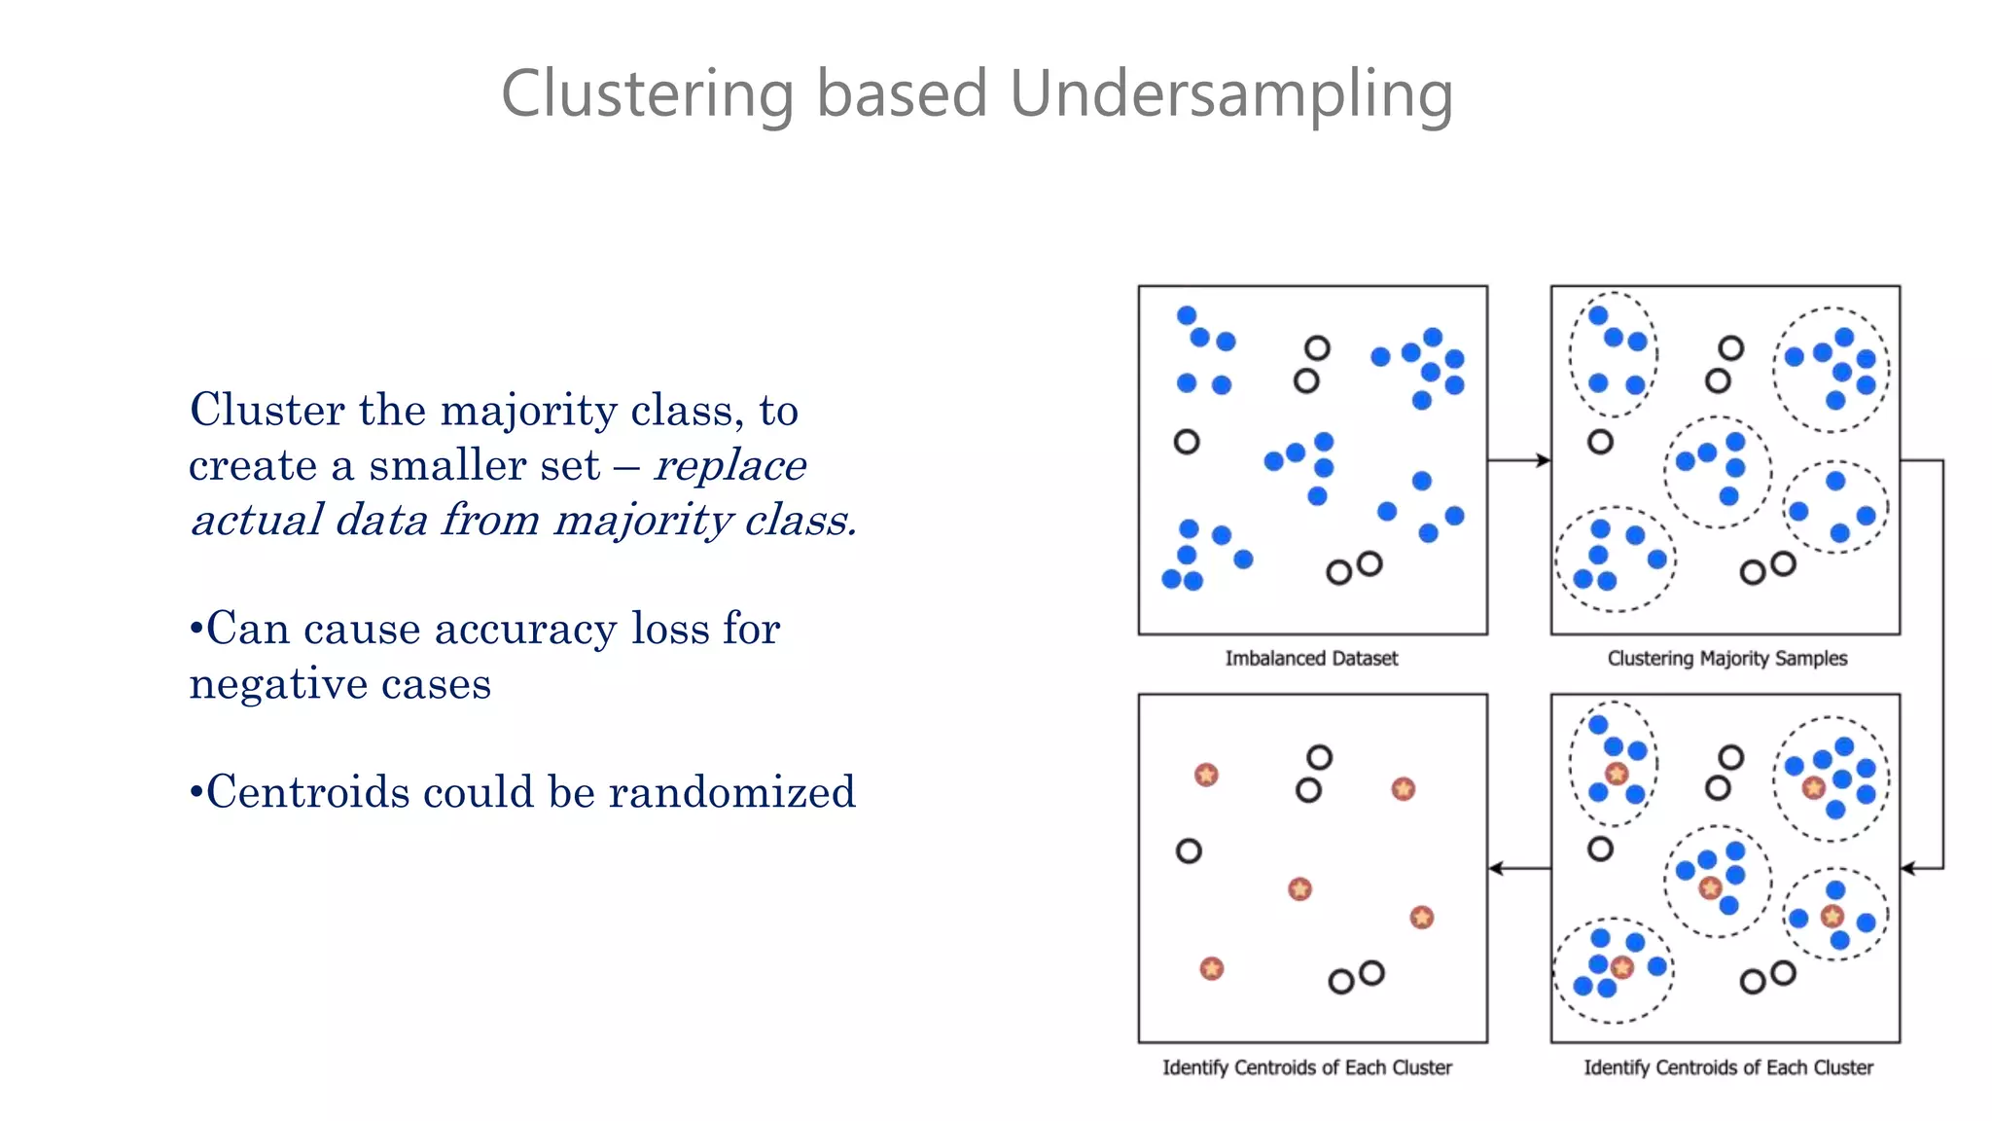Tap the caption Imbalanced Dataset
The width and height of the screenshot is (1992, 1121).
(x=1310, y=659)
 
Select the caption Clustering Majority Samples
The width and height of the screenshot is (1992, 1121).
(x=1726, y=659)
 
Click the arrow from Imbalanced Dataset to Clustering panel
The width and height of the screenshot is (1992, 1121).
(x=1518, y=460)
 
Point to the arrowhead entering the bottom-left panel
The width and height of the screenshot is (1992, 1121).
(x=1497, y=868)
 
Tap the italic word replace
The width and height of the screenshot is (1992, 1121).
(x=729, y=466)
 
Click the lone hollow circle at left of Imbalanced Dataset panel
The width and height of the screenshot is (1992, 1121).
(x=1186, y=442)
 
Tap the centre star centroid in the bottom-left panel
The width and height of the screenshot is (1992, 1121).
(x=1299, y=888)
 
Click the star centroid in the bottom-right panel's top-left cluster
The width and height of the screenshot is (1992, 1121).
(x=1617, y=774)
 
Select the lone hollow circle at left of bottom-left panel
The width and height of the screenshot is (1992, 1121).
(x=1189, y=851)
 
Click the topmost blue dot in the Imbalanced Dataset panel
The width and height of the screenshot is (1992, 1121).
(x=1186, y=315)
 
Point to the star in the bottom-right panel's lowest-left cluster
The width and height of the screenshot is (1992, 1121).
(x=1621, y=967)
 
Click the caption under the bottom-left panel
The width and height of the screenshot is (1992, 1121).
(x=1306, y=1067)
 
